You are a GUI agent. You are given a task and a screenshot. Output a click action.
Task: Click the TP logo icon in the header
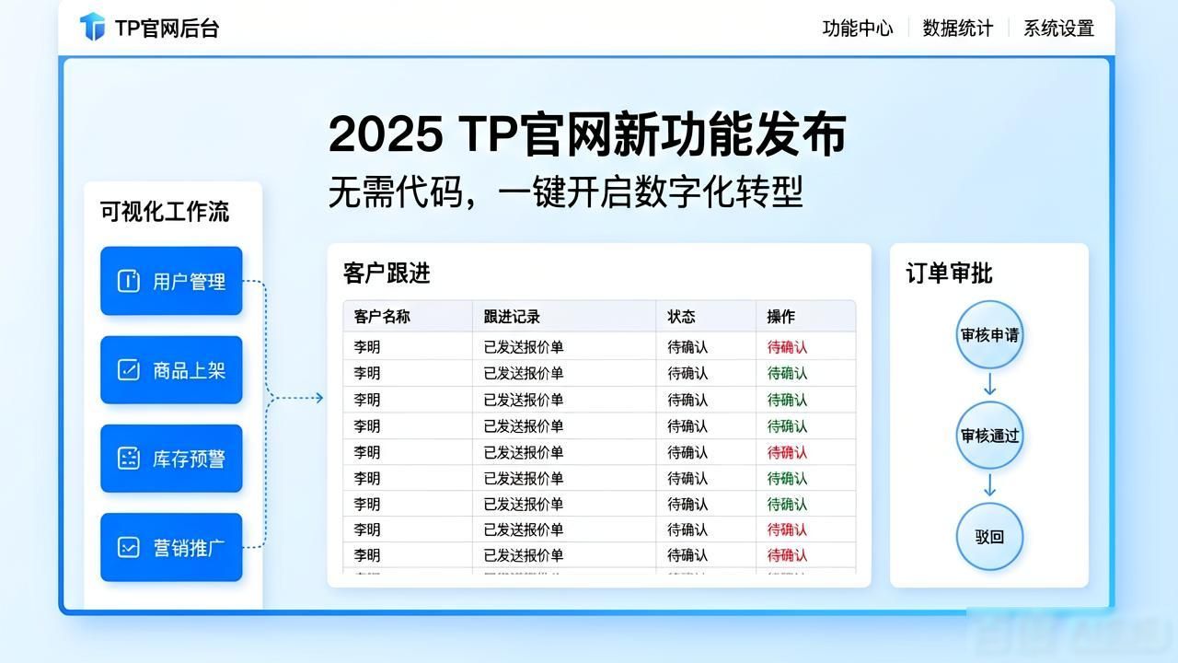[x=93, y=27]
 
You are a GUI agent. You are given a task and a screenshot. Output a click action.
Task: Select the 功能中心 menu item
[x=858, y=29]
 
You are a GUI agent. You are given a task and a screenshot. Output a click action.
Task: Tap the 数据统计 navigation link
[x=958, y=29]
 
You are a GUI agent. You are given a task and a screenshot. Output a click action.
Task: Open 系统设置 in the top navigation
[x=1058, y=29]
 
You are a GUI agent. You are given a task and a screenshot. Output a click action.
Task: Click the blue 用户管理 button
[x=171, y=281]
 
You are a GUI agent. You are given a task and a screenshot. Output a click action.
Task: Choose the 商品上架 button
[x=171, y=370]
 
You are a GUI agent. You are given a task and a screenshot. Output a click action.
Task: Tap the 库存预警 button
[x=171, y=459]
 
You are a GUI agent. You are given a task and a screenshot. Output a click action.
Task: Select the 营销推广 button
[x=171, y=547]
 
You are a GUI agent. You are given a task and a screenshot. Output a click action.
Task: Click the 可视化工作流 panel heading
[x=165, y=212]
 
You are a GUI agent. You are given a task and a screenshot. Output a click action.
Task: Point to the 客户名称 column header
[x=382, y=316]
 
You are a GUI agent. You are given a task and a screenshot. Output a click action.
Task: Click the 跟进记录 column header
[x=512, y=316]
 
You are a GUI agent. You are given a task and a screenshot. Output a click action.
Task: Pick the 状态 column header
[x=682, y=316]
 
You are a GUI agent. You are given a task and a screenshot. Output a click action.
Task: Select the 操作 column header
[x=781, y=316]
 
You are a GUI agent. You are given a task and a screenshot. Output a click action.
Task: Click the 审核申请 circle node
[x=989, y=334]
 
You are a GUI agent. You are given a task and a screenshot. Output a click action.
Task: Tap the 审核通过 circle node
[x=989, y=436]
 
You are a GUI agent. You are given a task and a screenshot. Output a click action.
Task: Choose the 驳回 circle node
[x=989, y=536]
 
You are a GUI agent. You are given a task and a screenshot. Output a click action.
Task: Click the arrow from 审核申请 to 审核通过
[x=989, y=384]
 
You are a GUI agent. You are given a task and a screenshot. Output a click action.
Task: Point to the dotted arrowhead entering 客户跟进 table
[x=319, y=398]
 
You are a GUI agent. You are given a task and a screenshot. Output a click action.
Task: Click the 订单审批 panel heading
[x=949, y=273]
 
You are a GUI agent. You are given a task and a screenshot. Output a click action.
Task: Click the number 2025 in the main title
[x=386, y=134]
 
